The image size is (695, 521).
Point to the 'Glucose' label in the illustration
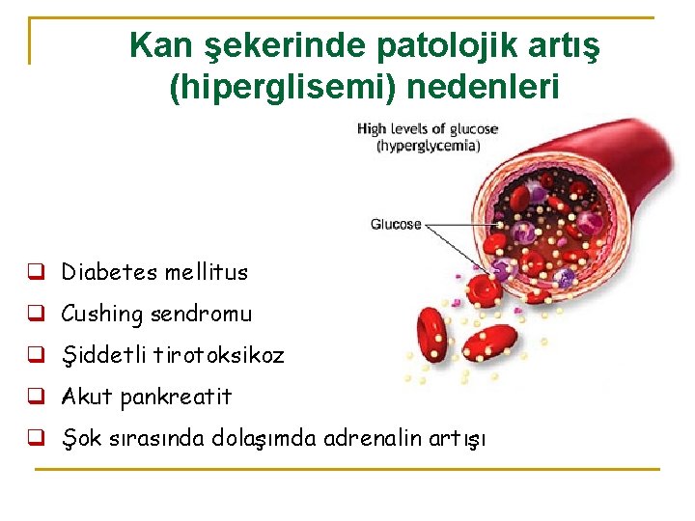[x=396, y=225]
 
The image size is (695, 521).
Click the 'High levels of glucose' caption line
[x=428, y=128]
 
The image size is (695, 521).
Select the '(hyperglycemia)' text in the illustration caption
[x=428, y=146]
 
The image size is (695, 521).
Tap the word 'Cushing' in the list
[x=101, y=315]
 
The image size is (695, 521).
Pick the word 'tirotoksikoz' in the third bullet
[x=232, y=355]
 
